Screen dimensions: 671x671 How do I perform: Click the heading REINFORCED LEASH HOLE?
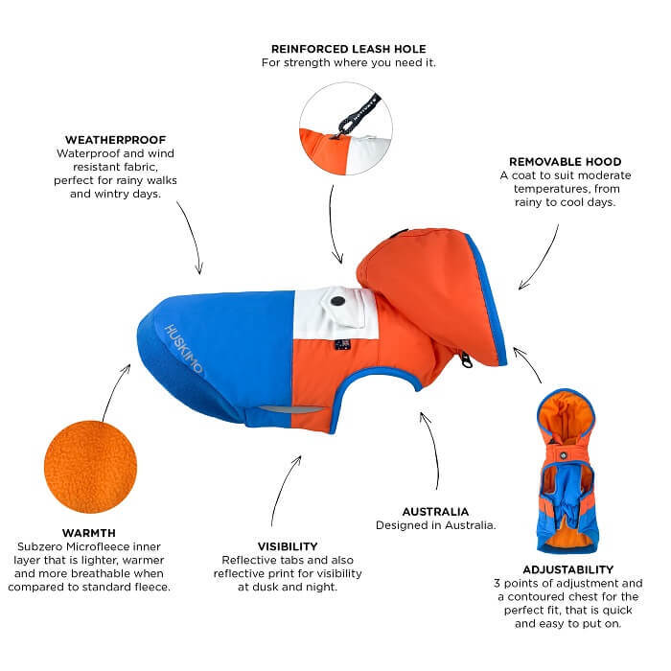tap(349, 49)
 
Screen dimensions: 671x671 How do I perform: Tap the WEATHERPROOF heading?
tap(116, 140)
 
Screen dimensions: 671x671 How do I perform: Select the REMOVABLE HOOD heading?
tap(566, 162)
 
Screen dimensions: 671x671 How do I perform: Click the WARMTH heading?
tap(89, 533)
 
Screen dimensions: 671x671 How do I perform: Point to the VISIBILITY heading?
tap(288, 546)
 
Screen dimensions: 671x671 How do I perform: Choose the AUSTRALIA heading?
tap(435, 511)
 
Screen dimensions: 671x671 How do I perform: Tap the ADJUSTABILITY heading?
tap(568, 569)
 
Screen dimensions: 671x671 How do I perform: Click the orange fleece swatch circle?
tap(91, 467)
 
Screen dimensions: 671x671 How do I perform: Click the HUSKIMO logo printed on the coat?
tap(184, 348)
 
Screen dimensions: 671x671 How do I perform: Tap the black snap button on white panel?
tap(338, 301)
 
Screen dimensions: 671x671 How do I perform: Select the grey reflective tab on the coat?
tap(291, 409)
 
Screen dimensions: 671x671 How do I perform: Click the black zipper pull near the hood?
tap(466, 359)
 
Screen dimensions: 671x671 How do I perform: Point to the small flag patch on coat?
tap(343, 343)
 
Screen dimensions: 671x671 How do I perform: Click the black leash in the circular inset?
tap(358, 114)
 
